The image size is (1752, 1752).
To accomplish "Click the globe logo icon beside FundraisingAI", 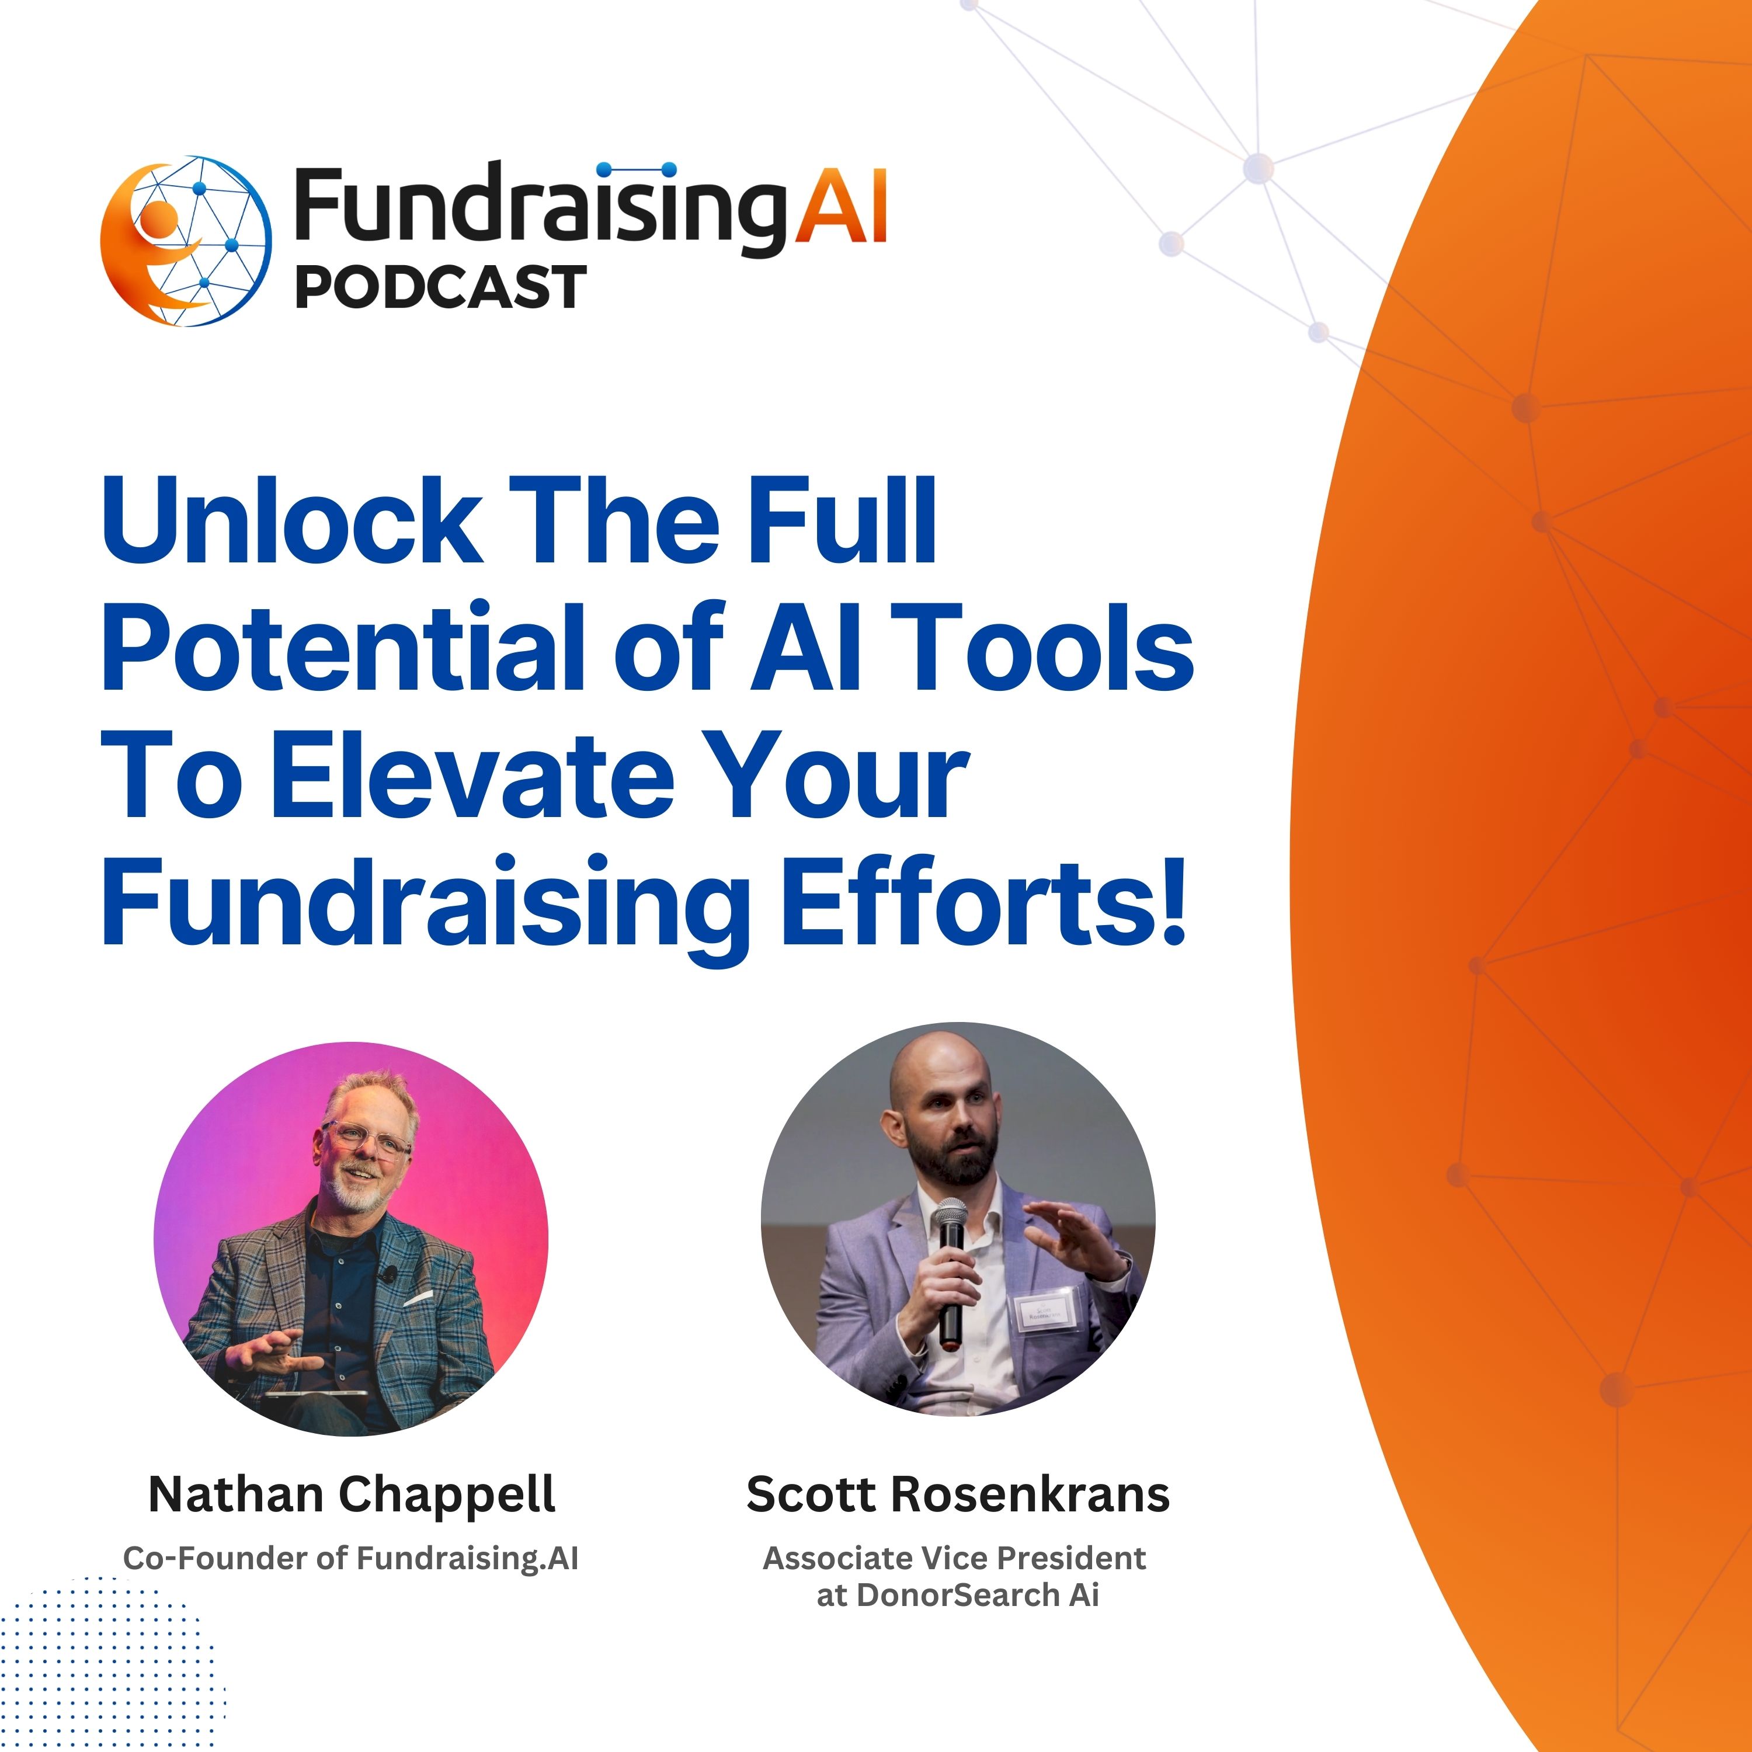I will click(x=186, y=241).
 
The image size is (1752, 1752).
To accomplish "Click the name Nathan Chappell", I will click(x=352, y=1494).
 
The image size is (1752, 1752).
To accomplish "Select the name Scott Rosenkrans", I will click(x=958, y=1494).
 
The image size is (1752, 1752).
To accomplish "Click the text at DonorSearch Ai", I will click(x=958, y=1595).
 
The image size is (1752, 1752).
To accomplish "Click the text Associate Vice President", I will click(x=954, y=1558).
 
